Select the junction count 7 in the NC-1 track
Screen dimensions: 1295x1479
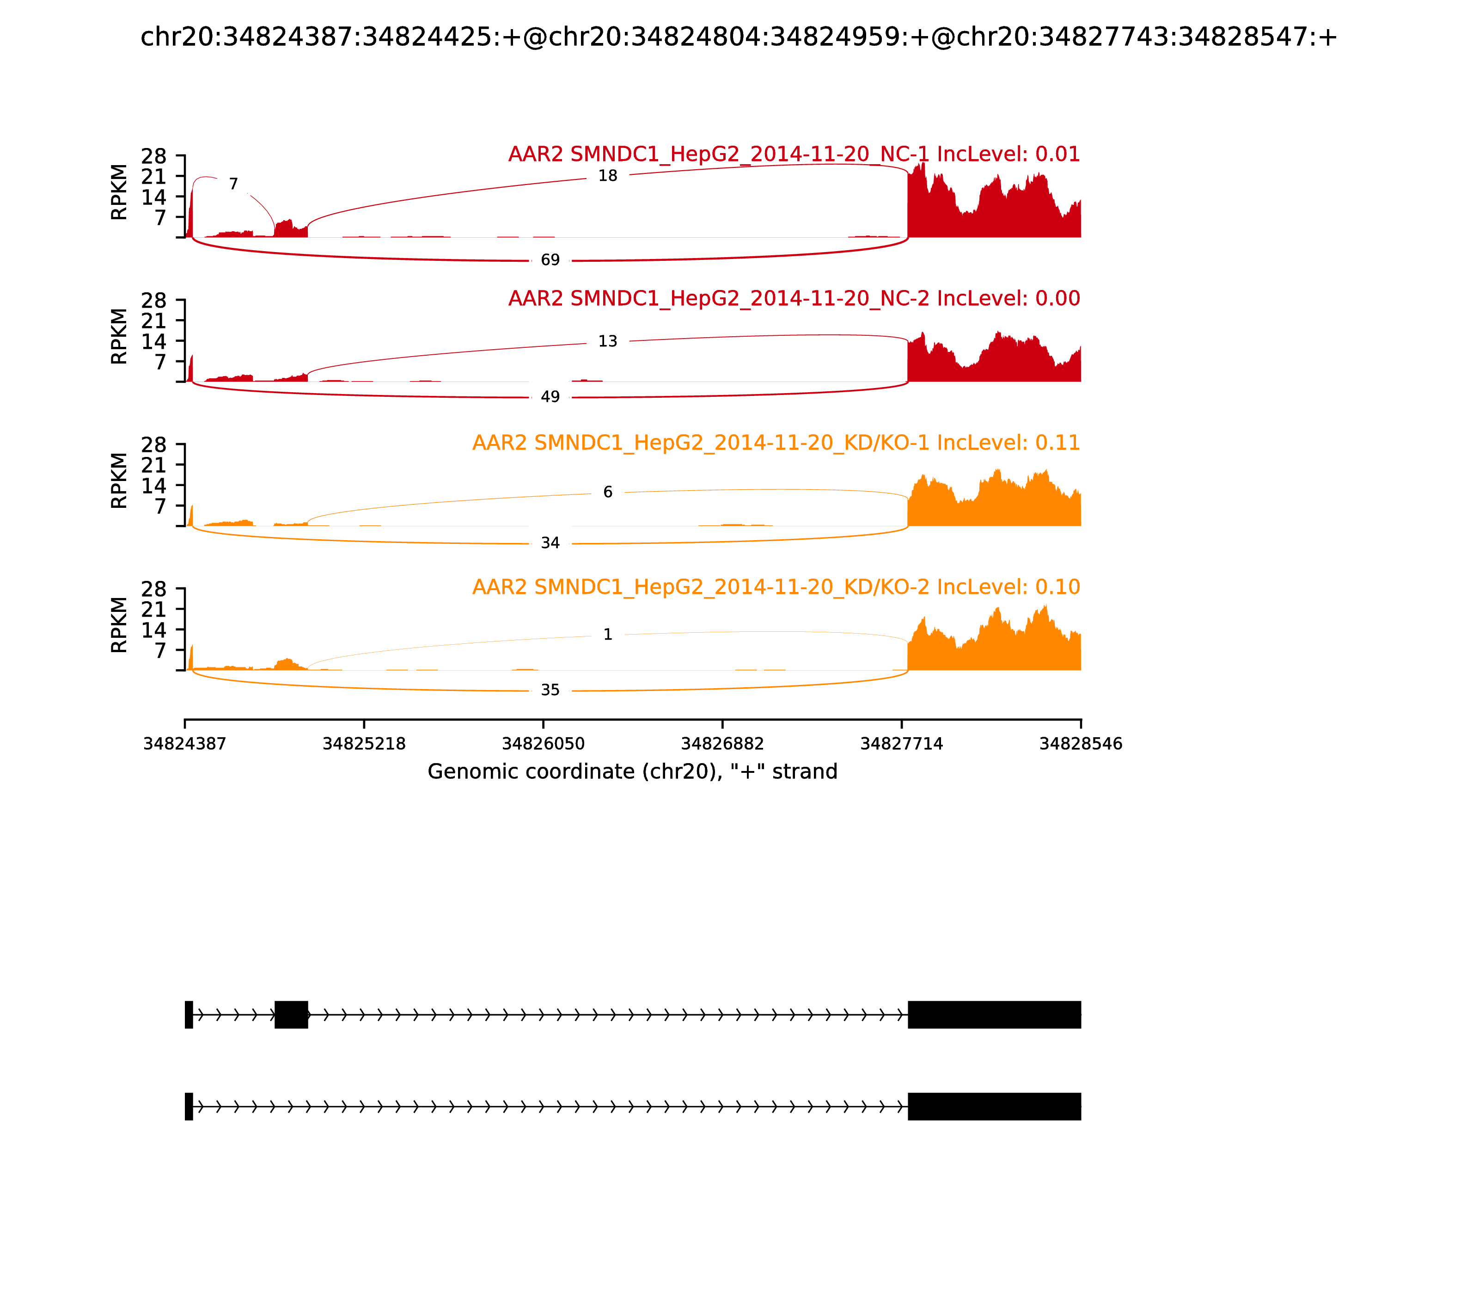tap(233, 184)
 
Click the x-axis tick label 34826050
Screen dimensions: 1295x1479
tap(543, 744)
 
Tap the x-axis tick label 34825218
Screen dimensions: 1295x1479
tap(364, 744)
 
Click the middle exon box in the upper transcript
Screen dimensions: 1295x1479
tap(291, 1015)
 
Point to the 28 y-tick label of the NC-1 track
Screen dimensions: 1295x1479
tap(154, 156)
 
